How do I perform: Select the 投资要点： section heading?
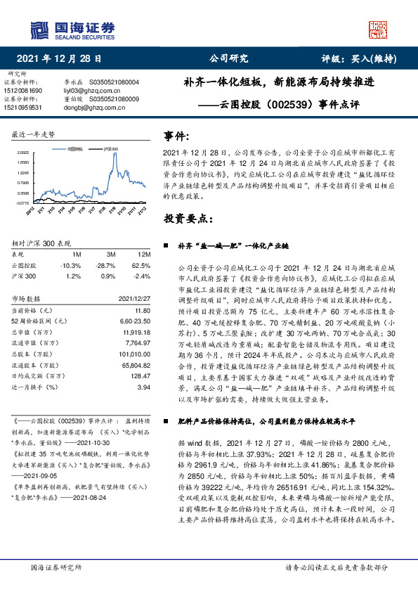(x=188, y=218)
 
